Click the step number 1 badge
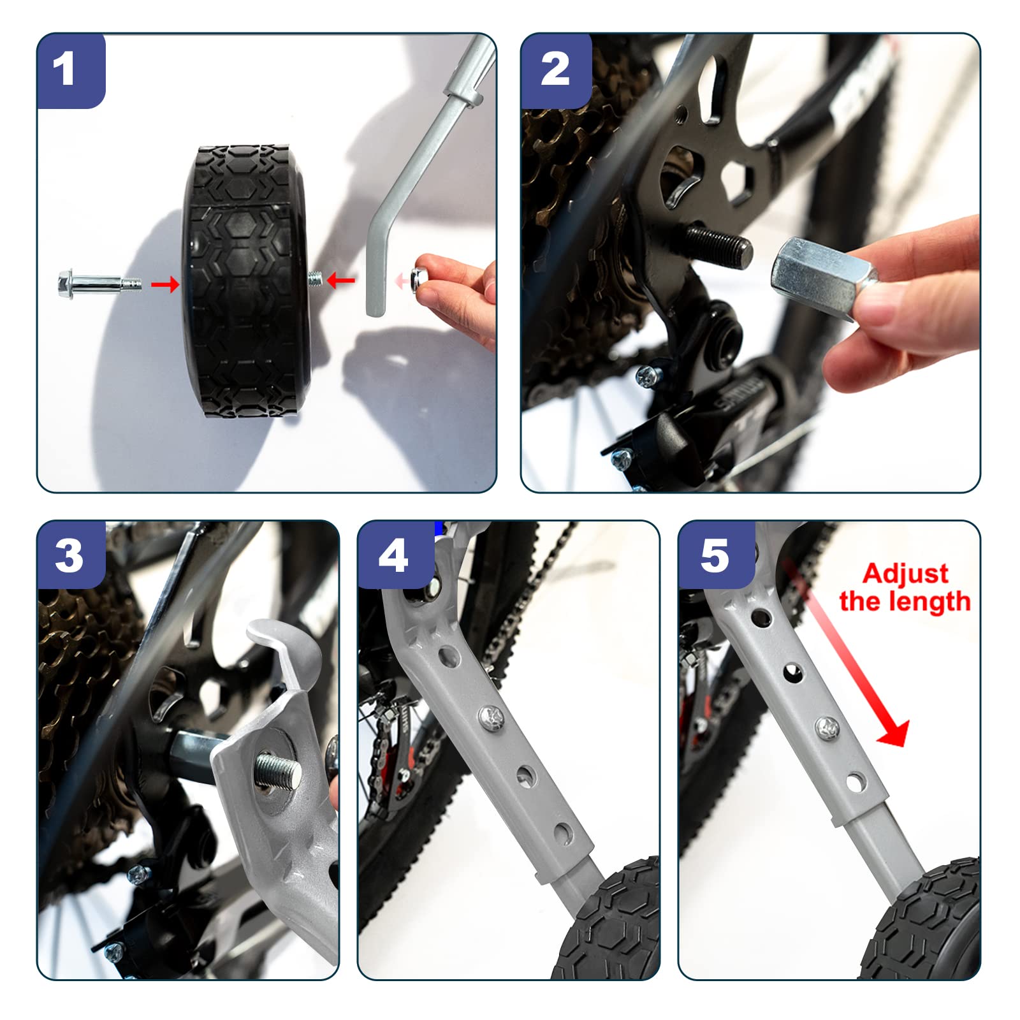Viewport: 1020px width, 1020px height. tap(71, 71)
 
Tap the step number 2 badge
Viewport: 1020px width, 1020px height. tap(556, 71)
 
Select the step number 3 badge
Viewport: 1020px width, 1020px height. tap(71, 555)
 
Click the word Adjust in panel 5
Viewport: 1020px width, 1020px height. tap(905, 574)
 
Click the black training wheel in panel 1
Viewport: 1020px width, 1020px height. tap(245, 281)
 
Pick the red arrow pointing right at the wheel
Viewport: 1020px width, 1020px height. tap(165, 284)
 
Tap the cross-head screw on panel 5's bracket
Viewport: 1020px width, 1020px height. tap(827, 725)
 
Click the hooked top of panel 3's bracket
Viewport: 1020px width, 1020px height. tap(281, 650)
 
